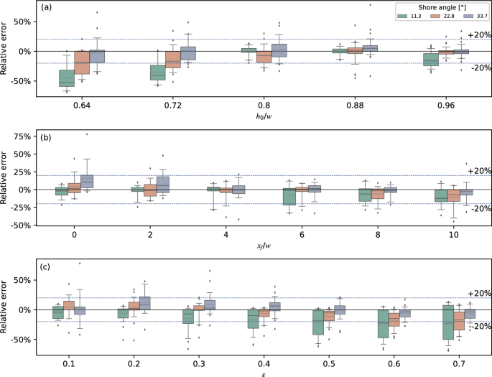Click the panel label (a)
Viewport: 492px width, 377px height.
[45, 8]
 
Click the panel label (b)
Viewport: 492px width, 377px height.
[45, 136]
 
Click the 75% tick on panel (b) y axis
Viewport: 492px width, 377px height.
[24, 136]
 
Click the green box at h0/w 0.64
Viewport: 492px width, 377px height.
[67, 78]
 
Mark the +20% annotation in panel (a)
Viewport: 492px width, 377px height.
[478, 34]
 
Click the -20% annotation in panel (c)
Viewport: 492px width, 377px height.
[478, 326]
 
